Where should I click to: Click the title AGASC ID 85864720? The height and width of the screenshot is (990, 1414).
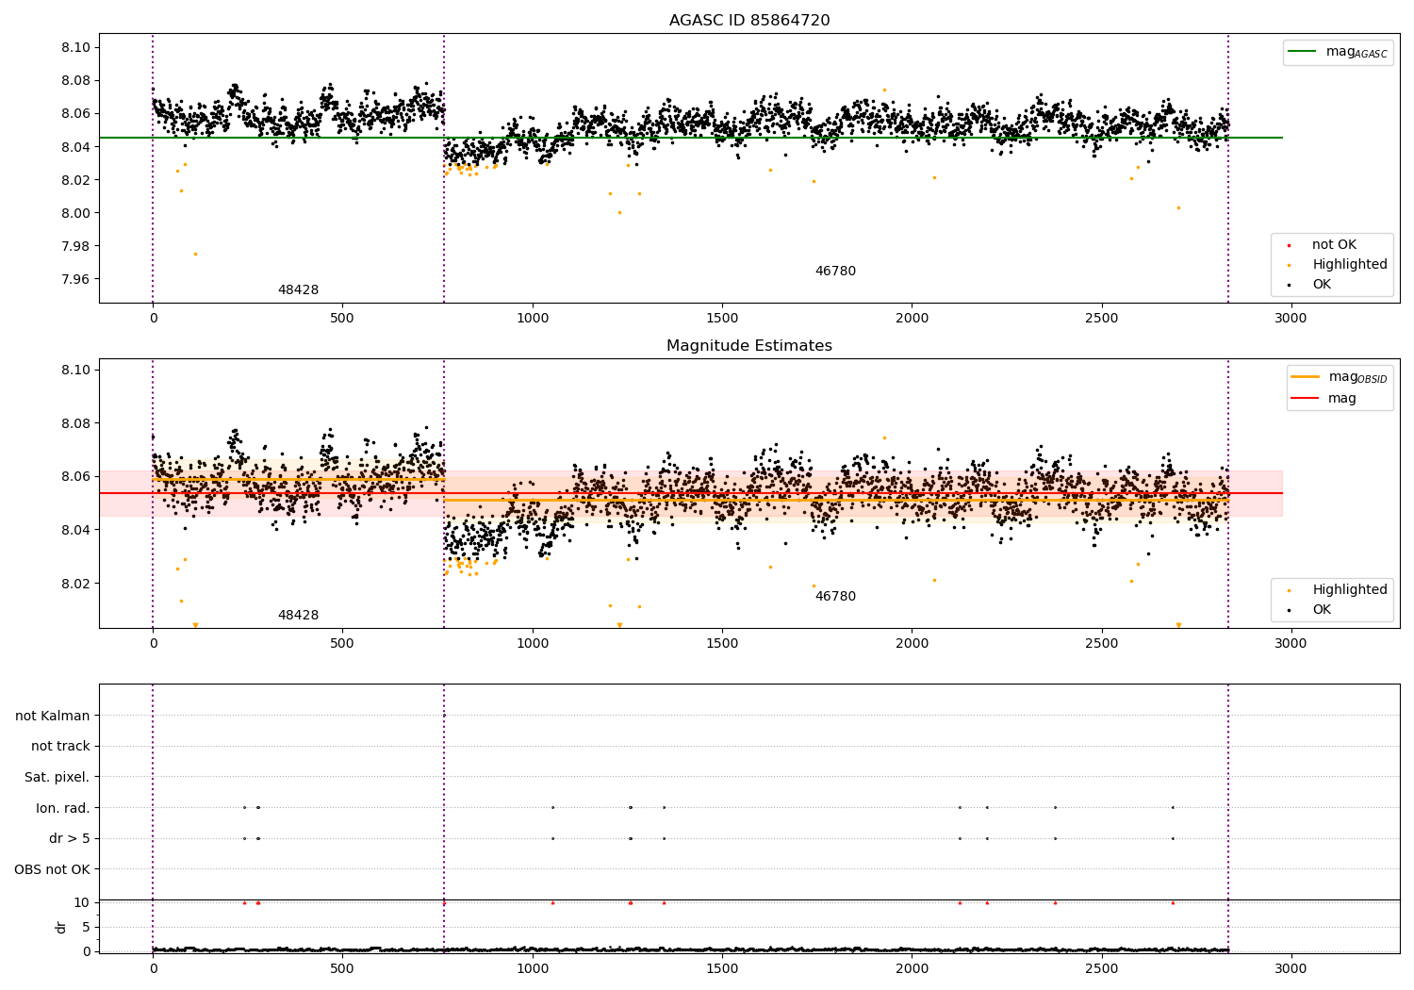click(749, 21)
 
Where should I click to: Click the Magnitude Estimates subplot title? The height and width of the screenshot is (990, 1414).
click(749, 346)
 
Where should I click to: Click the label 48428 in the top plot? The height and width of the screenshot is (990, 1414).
click(298, 290)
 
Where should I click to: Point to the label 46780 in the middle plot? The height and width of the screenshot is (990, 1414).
click(835, 597)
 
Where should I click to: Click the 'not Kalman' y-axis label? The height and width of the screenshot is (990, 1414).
click(53, 717)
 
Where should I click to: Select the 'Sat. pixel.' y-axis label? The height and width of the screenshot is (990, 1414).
click(58, 778)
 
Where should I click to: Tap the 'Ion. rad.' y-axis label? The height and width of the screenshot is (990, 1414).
click(63, 808)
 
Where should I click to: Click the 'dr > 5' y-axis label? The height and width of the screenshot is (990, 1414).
click(70, 839)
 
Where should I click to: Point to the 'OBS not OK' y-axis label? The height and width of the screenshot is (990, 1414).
click(53, 869)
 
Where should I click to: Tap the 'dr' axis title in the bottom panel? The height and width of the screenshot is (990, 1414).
click(61, 927)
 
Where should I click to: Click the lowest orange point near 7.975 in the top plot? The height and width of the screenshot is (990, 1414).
click(195, 254)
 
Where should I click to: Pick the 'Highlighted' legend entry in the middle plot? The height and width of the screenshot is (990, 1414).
click(1349, 590)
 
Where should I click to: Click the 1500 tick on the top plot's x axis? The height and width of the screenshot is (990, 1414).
click(722, 319)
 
